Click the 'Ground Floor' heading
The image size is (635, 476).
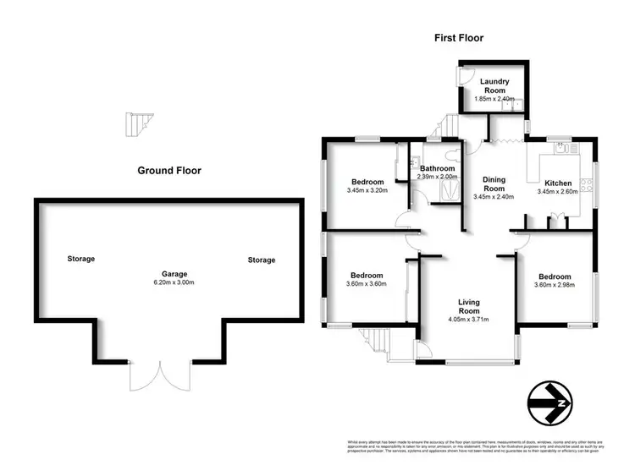click(x=169, y=171)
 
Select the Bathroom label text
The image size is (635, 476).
click(x=437, y=167)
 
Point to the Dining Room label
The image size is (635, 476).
click(x=494, y=184)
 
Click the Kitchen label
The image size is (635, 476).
click(x=558, y=183)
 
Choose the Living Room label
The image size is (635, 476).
click(x=469, y=306)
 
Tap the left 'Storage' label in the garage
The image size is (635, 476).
click(x=81, y=259)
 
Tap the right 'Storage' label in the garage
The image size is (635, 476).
click(x=262, y=260)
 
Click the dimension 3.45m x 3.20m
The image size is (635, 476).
click(x=367, y=190)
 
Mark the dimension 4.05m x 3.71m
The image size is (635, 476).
click(x=469, y=320)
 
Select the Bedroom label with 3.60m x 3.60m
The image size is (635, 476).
click(x=367, y=276)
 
